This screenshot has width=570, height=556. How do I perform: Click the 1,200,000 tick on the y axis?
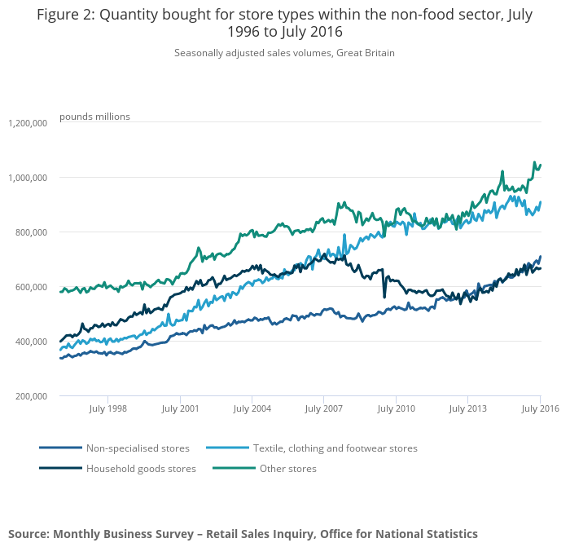pyautogui.click(x=28, y=123)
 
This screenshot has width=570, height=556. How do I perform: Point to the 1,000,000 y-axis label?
pyautogui.click(x=28, y=178)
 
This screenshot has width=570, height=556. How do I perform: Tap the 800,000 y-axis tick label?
pyautogui.click(x=31, y=232)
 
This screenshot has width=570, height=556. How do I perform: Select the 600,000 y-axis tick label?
pyautogui.click(x=31, y=287)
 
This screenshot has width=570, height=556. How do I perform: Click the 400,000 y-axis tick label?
pyautogui.click(x=31, y=342)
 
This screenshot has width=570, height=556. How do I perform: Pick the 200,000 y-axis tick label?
pyautogui.click(x=31, y=396)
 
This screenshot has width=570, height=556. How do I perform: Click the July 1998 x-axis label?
pyautogui.click(x=107, y=408)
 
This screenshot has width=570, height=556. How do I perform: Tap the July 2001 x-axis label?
pyautogui.click(x=180, y=408)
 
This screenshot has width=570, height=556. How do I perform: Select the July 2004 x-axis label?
pyautogui.click(x=252, y=408)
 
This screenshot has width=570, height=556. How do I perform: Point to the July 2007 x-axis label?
pyautogui.click(x=324, y=408)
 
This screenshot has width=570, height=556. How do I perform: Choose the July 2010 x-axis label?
pyautogui.click(x=396, y=408)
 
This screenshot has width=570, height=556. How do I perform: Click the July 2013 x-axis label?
pyautogui.click(x=468, y=408)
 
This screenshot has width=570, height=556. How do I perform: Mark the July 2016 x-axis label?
pyautogui.click(x=540, y=408)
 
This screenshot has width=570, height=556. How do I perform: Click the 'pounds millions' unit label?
pyautogui.click(x=94, y=117)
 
